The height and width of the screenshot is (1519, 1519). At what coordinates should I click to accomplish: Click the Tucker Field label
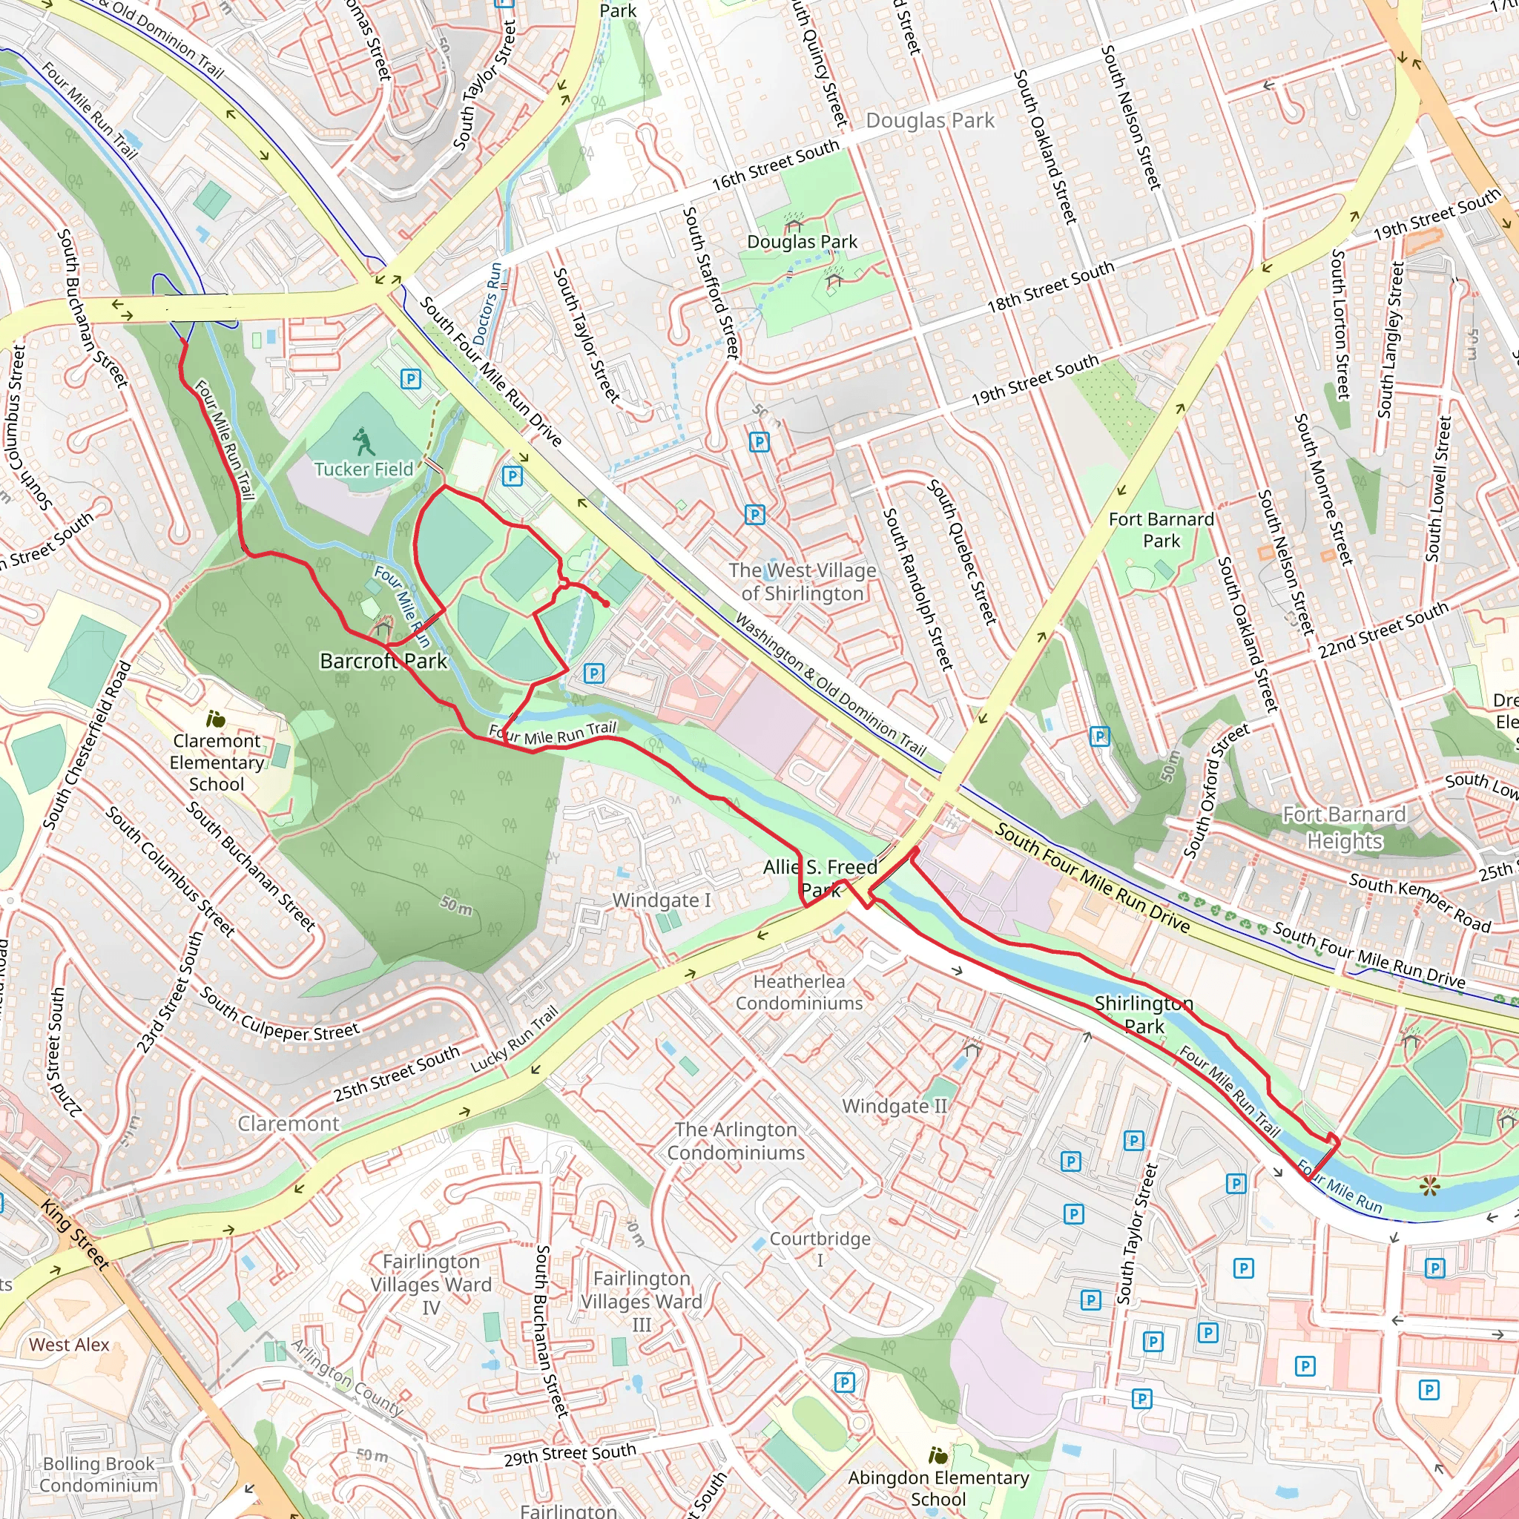tap(363, 469)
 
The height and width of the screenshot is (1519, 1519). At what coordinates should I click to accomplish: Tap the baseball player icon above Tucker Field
tap(363, 442)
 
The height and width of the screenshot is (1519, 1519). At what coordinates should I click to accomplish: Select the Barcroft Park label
tap(383, 661)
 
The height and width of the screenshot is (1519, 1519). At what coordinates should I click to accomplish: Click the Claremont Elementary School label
tap(217, 762)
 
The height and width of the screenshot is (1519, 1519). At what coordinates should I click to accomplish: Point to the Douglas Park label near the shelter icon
tap(802, 242)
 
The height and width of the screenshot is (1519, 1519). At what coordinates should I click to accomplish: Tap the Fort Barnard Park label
tap(1162, 530)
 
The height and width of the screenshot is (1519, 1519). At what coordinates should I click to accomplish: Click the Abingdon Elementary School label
tap(938, 1489)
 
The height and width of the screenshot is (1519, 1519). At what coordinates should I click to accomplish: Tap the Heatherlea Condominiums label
tap(799, 992)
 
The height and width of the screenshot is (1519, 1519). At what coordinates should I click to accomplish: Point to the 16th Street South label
tap(775, 165)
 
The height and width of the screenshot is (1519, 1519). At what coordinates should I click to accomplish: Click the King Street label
tap(75, 1234)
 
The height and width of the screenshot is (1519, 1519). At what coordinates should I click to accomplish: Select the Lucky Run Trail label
tap(514, 1039)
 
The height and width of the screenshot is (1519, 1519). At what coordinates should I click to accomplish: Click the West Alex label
tap(69, 1345)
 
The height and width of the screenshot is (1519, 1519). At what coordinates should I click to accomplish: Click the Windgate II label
tap(894, 1106)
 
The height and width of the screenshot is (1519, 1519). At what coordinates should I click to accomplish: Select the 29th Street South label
tap(570, 1454)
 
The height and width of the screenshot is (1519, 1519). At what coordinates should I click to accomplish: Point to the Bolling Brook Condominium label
tap(99, 1474)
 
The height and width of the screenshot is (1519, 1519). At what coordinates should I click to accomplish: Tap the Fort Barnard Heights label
tap(1344, 828)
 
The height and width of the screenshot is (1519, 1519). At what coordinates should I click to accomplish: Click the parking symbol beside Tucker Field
tap(410, 380)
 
